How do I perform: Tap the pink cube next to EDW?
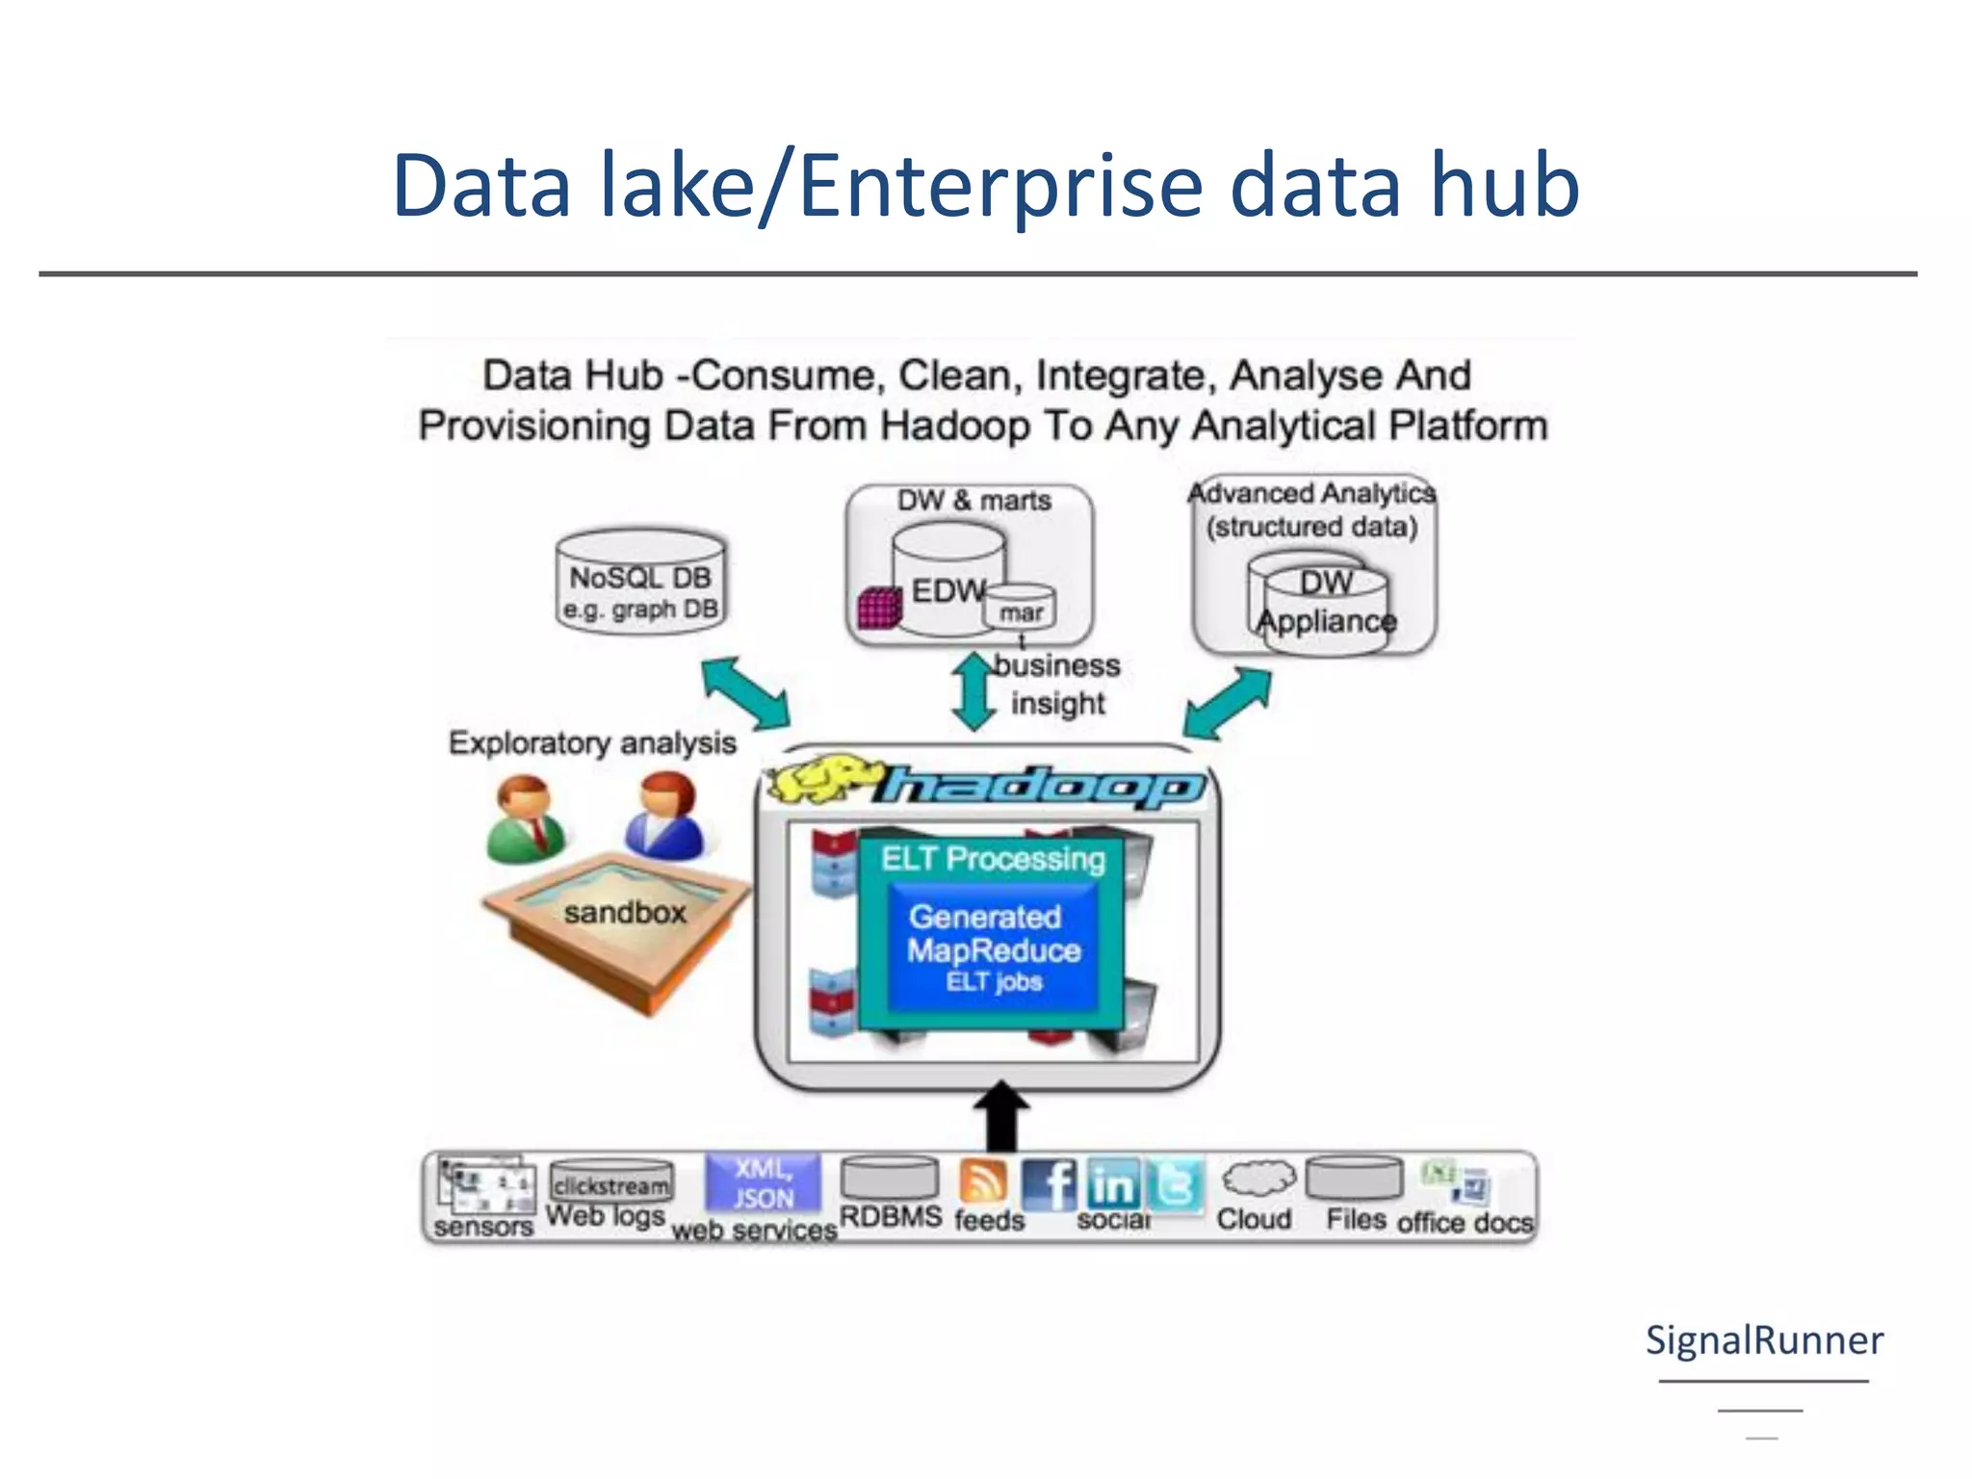(x=878, y=608)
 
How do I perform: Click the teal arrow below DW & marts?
(x=973, y=691)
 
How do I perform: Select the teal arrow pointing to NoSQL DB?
(x=745, y=692)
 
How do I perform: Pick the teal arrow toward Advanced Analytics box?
(x=1228, y=703)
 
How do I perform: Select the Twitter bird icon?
(x=1175, y=1184)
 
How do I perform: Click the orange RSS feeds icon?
(x=984, y=1181)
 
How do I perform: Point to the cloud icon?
(x=1258, y=1178)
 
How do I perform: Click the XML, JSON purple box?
(x=764, y=1182)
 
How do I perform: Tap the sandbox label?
(x=625, y=912)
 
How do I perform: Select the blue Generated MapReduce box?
(x=993, y=949)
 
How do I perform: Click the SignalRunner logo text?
(x=1764, y=1340)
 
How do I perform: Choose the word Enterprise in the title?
(x=1001, y=185)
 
